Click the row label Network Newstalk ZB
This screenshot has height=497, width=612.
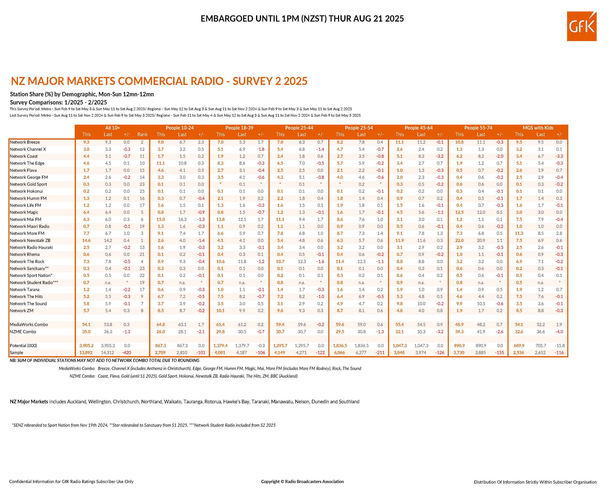(30, 240)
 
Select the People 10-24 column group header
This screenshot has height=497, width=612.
(180, 128)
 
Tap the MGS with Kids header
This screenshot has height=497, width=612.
(538, 128)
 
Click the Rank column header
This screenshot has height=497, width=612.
(142, 134)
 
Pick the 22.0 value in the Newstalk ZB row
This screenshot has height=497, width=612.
(459, 240)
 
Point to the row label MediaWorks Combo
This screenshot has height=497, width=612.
(29, 324)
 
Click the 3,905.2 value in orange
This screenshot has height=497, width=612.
(86, 346)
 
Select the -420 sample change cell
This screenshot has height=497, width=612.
(126, 352)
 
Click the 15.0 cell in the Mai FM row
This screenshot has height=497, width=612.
(161, 219)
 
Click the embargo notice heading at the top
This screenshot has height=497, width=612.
(302, 19)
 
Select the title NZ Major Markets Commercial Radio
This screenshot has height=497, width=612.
(159, 81)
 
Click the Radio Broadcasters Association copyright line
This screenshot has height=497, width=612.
(302, 481)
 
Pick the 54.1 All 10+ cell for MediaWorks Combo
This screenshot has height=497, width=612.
(86, 324)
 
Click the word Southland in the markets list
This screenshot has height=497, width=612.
(349, 402)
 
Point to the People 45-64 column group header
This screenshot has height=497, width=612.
(418, 128)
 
